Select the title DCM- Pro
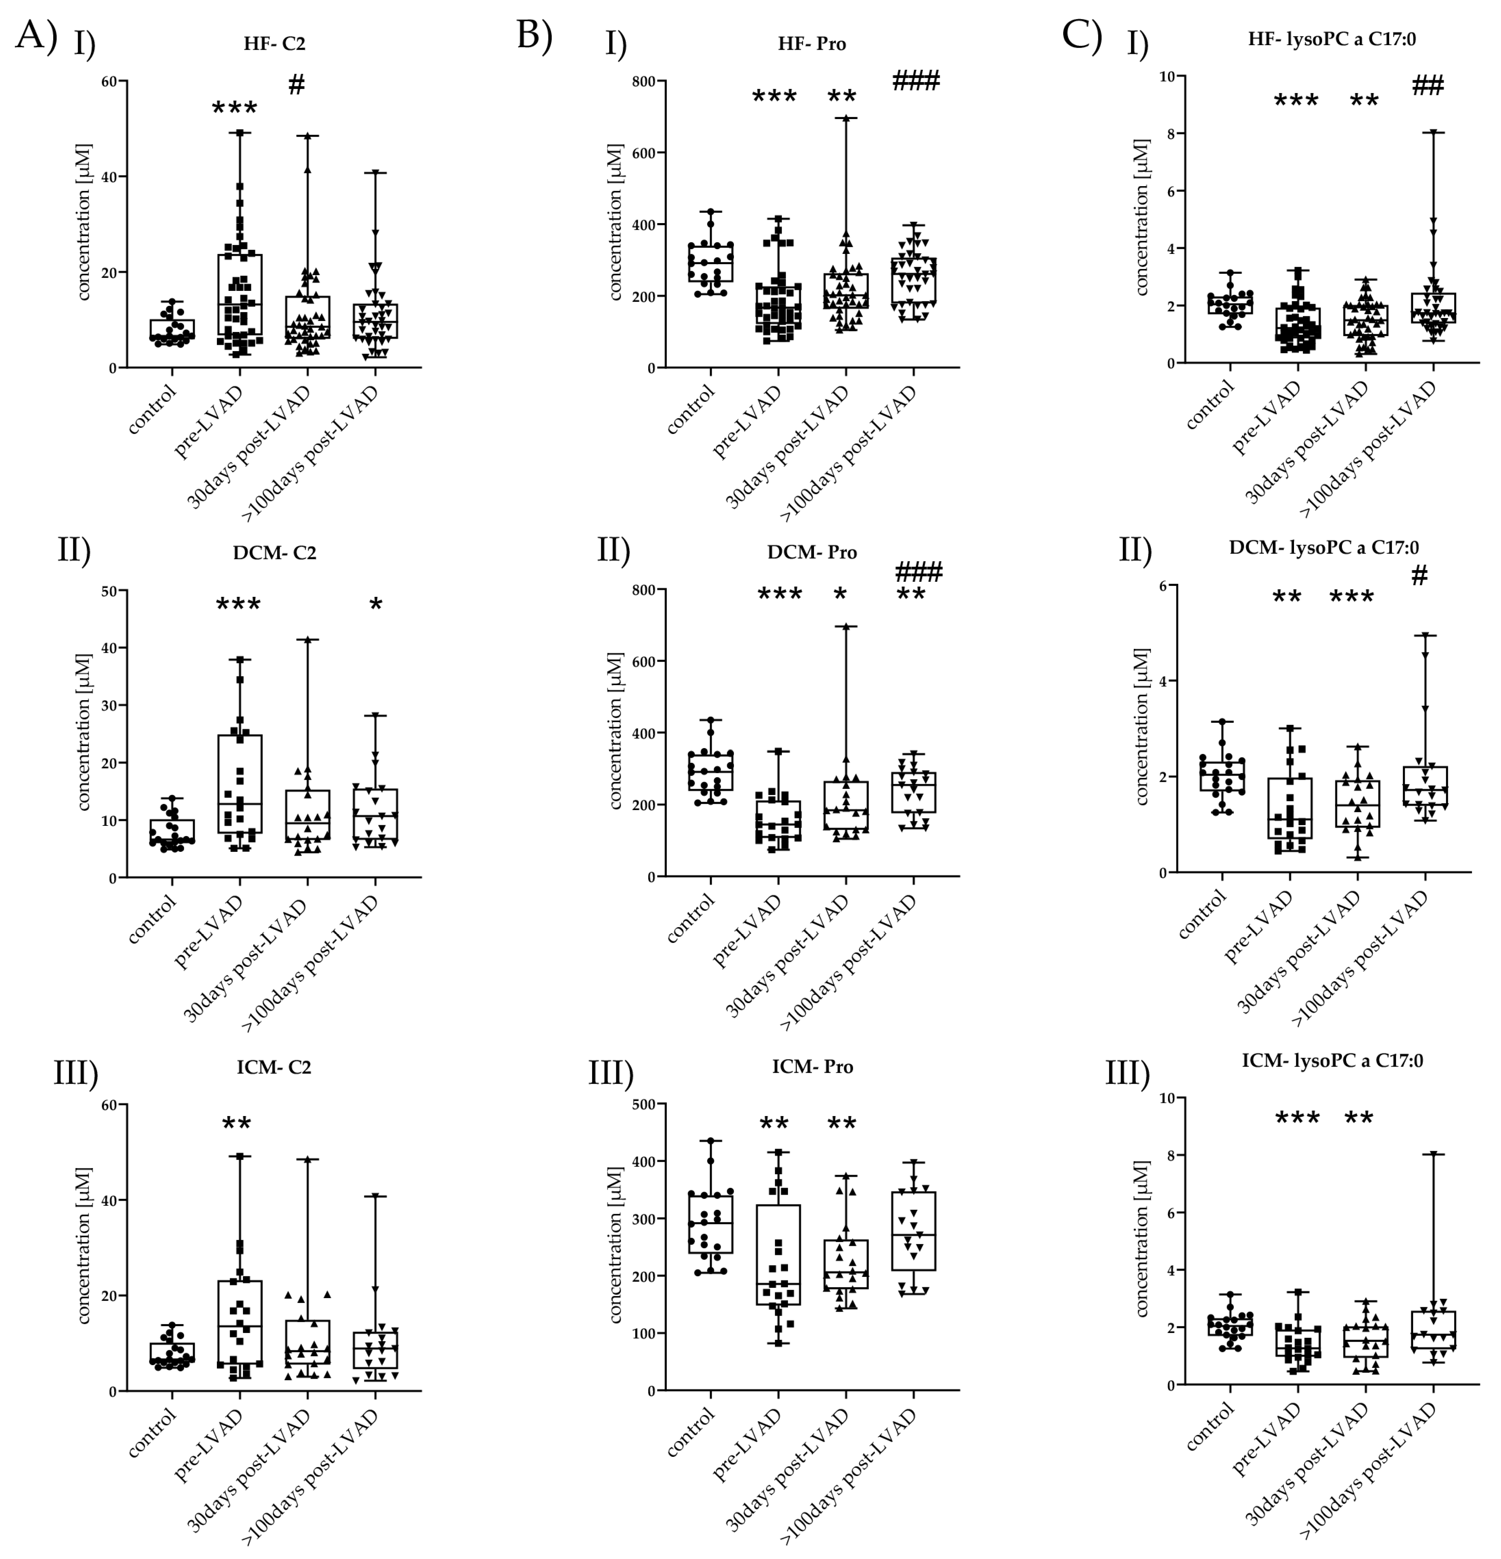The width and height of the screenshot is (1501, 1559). [x=811, y=552]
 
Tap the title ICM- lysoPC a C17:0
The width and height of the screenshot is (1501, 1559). [x=1332, y=1060]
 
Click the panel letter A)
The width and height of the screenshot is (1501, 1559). [x=36, y=36]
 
